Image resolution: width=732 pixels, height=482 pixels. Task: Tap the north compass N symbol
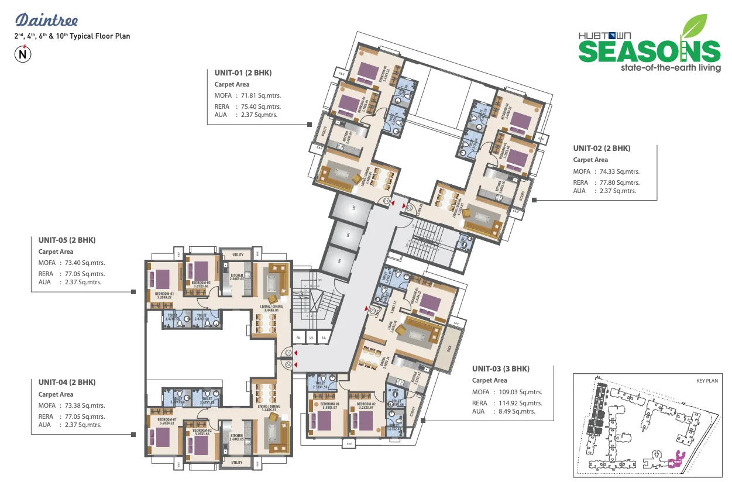pos(23,54)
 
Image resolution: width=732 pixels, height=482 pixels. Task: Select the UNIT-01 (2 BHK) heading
pos(243,73)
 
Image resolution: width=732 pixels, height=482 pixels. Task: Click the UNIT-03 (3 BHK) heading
pos(500,369)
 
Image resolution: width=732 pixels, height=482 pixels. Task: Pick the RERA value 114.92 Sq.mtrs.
pos(518,403)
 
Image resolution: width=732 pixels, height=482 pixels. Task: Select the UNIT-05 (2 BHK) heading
pos(67,240)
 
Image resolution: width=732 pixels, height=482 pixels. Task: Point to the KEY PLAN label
pos(707,381)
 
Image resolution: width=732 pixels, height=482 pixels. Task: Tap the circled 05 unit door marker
pos(287,353)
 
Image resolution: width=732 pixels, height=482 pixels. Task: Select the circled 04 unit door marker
pos(287,365)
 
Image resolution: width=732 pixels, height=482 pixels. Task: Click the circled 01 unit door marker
pos(387,201)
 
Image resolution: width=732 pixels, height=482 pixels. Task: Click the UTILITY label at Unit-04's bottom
pos(237,462)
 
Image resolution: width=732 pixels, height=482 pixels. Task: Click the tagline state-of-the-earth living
pos(670,68)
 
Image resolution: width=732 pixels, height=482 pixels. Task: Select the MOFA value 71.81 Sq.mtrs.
pos(258,95)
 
